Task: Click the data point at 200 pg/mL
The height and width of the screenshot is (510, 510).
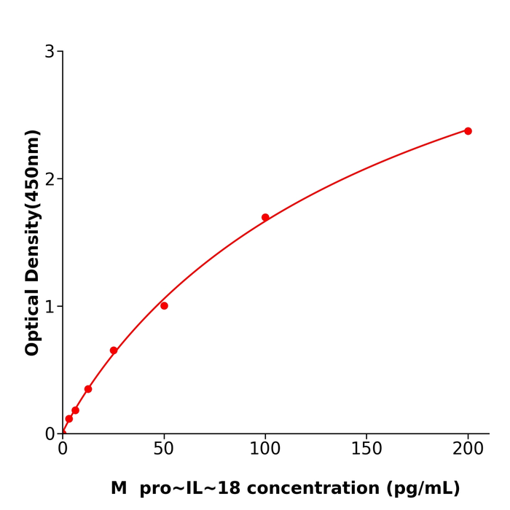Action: pos(468,131)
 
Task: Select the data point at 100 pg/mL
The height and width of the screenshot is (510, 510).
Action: pos(265,217)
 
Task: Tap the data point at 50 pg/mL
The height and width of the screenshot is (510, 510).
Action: pos(164,306)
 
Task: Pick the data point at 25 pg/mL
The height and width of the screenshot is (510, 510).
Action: pos(114,350)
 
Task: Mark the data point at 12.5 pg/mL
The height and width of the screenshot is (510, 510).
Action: pos(88,389)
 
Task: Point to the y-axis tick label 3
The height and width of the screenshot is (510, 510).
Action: pos(50,52)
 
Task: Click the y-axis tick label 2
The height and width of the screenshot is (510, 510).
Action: pos(50,179)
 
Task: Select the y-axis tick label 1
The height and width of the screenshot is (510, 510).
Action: pos(50,307)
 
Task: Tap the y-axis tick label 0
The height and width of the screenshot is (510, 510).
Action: pos(50,434)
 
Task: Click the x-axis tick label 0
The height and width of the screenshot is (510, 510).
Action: pos(63,450)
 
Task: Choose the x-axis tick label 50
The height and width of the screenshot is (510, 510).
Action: pos(164,450)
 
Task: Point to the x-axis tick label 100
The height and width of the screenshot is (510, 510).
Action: pos(265,450)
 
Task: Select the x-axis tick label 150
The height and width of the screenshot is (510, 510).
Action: pos(366,450)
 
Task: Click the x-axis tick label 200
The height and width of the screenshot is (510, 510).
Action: pos(468,450)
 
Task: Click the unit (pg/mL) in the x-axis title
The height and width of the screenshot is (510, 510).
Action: pos(423,489)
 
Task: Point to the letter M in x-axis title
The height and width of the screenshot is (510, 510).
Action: pos(119,489)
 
